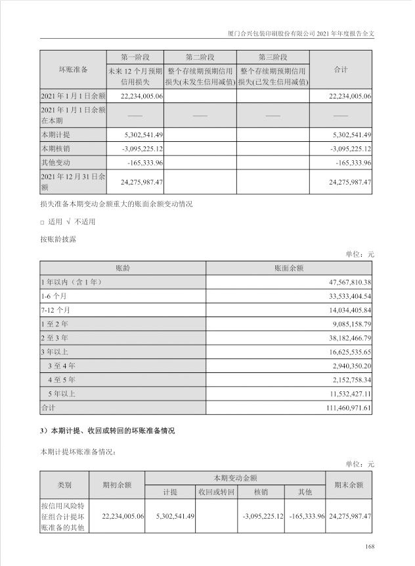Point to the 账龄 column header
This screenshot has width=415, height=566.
[x=123, y=269]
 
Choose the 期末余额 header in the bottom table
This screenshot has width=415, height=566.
[x=349, y=485]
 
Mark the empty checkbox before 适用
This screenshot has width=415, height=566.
[x=42, y=223]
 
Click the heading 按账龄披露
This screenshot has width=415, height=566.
[x=58, y=240]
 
